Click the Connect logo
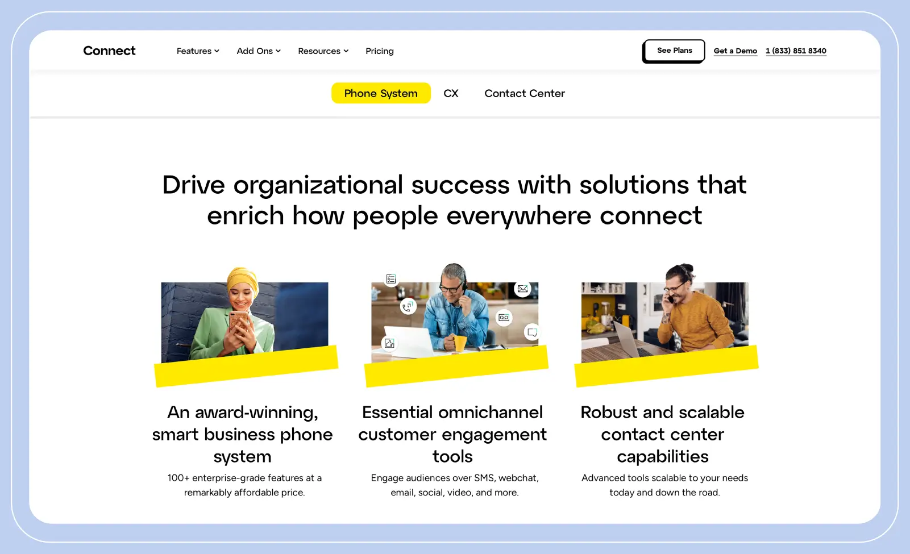point(109,51)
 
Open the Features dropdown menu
point(197,51)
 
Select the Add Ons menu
point(258,51)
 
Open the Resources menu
point(323,51)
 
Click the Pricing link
point(379,51)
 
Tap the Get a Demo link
point(735,51)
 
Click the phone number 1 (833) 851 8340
point(796,51)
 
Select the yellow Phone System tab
point(381,93)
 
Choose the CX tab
point(451,93)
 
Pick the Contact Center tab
point(524,93)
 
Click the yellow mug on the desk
point(459,343)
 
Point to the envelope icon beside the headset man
point(522,289)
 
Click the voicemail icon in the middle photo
point(504,318)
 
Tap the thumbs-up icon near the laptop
point(389,343)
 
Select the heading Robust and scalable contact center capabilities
point(662,434)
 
